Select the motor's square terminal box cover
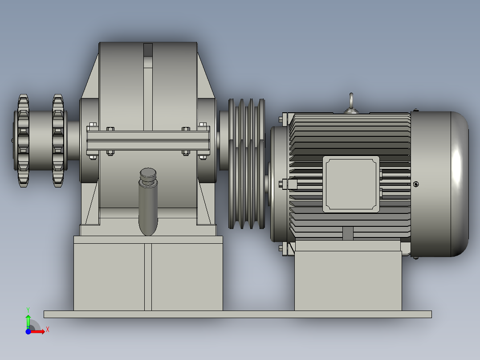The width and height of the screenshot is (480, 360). coord(350,184)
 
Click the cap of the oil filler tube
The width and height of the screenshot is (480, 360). coord(148,175)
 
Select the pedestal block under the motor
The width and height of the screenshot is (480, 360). coord(348,281)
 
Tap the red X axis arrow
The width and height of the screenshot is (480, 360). coord(39,331)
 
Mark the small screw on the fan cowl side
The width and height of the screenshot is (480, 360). coord(416,184)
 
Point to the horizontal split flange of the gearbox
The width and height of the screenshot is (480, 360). coord(148,140)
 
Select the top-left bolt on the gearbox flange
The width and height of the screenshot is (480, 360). coord(93,124)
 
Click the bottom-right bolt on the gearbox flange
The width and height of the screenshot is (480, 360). coord(203,156)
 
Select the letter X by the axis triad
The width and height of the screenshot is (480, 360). coord(47,329)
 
